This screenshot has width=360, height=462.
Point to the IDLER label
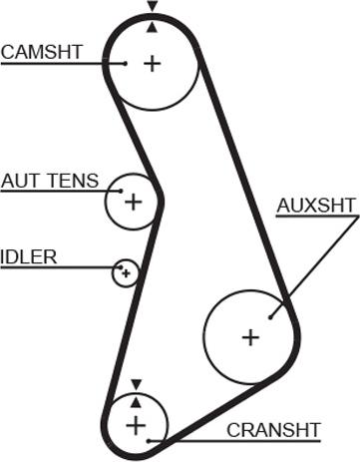click(x=29, y=256)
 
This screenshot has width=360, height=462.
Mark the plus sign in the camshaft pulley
click(x=152, y=64)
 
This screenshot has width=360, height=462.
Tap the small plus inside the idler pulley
click(x=126, y=272)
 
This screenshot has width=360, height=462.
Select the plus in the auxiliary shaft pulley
click(x=249, y=336)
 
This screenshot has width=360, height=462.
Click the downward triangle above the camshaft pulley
click(x=152, y=7)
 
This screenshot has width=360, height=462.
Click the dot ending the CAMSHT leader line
click(x=126, y=63)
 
